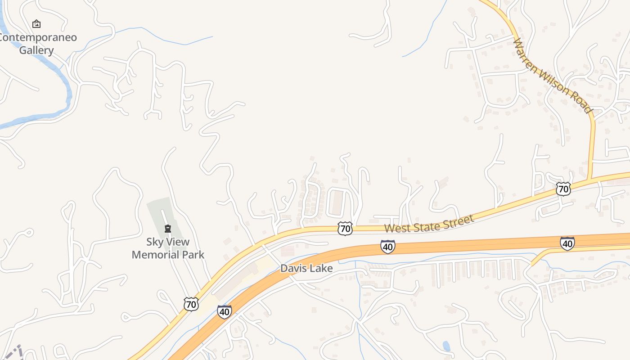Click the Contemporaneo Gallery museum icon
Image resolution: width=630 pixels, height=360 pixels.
pyautogui.click(x=36, y=24)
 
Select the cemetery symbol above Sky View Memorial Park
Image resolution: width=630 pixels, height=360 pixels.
pyautogui.click(x=168, y=229)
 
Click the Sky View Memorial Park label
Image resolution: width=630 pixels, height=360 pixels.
pyautogui.click(x=168, y=248)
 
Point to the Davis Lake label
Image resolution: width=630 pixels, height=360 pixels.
pyautogui.click(x=306, y=269)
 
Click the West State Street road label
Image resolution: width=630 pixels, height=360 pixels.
pyautogui.click(x=429, y=224)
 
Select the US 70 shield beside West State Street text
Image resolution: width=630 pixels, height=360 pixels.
pyautogui.click(x=345, y=229)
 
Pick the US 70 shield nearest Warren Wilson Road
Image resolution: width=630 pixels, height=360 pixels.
pyautogui.click(x=563, y=189)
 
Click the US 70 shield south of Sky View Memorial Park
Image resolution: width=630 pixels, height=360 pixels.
pyautogui.click(x=191, y=304)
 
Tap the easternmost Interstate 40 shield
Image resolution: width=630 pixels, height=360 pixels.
pyautogui.click(x=567, y=243)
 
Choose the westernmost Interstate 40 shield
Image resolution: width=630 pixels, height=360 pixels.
pyautogui.click(x=224, y=311)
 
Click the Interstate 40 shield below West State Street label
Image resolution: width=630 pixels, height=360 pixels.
pyautogui.click(x=387, y=246)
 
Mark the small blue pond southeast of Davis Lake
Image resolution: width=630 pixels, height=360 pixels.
pyautogui.click(x=446, y=346)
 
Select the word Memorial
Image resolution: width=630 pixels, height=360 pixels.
pyautogui.click(x=153, y=255)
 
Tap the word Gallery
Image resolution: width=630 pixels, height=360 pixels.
pyautogui.click(x=36, y=50)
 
